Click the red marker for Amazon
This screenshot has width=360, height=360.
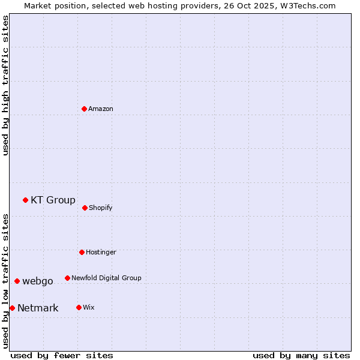85,109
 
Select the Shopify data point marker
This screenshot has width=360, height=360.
85,208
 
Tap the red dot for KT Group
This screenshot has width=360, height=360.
25,200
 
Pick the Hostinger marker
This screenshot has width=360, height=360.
82,252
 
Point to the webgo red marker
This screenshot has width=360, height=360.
17,281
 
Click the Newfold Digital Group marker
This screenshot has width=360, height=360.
67,278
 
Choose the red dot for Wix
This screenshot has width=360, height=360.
79,307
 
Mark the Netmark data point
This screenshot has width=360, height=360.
12,308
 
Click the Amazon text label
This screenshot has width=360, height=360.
101,109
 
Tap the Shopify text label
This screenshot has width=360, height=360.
101,208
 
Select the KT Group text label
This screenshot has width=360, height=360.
53,200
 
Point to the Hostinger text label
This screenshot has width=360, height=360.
101,253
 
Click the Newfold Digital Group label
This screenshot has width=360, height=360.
106,278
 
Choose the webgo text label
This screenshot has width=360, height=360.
38,281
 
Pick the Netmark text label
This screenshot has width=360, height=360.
38,308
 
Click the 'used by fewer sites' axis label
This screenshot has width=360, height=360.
62,355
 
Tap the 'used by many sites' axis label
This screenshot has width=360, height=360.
301,355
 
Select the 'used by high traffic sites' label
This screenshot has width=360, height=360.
5,85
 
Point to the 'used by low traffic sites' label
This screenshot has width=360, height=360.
5,280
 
